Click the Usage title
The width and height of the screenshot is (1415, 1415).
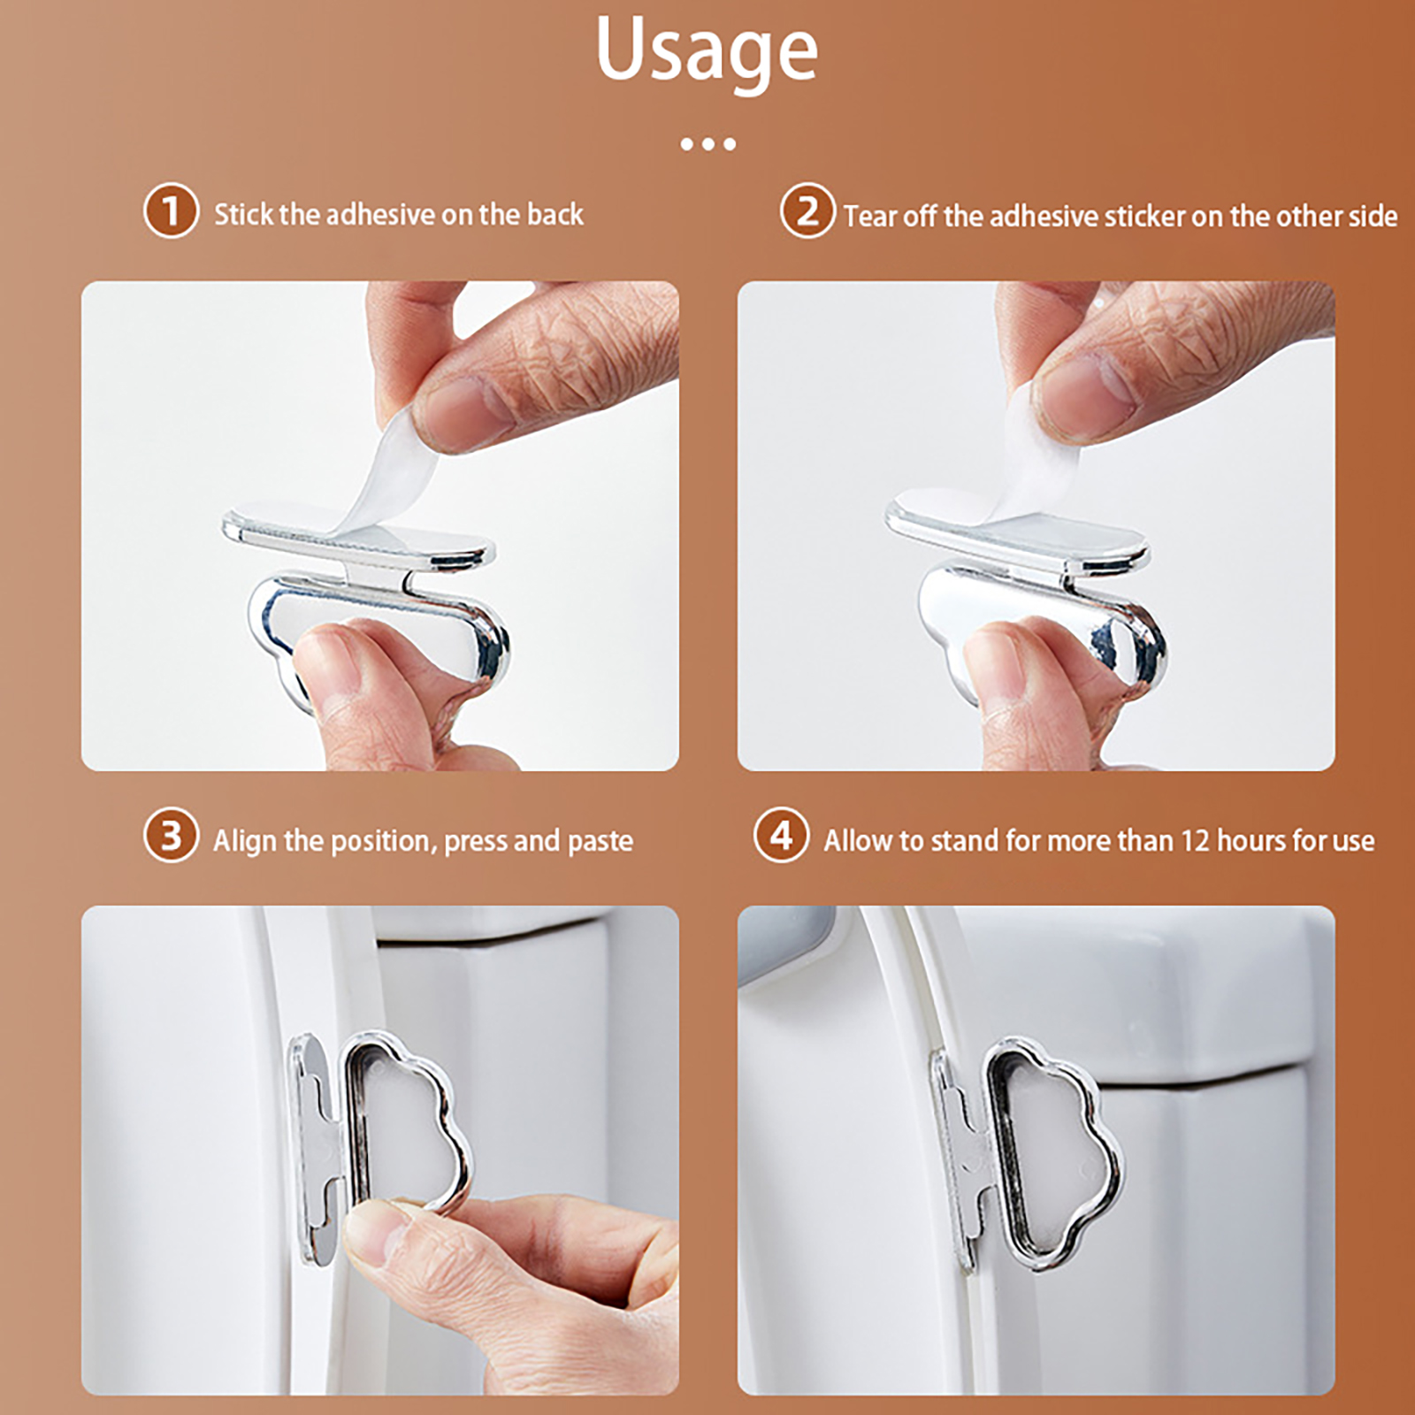tap(707, 51)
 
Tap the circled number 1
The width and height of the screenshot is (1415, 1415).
tap(171, 210)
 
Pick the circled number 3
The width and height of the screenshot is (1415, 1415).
tap(171, 835)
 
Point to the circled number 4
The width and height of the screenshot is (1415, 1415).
tap(781, 835)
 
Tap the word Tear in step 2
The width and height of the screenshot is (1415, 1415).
tap(870, 216)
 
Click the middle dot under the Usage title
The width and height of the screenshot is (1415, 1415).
tap(707, 144)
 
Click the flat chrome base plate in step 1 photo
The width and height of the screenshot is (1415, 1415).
tap(357, 535)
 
